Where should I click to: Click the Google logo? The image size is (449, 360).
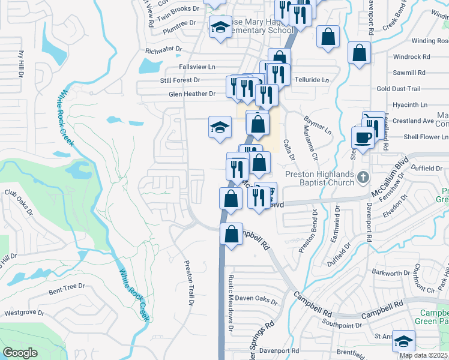coord(20,353)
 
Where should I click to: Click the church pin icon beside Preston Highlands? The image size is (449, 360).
coord(362,178)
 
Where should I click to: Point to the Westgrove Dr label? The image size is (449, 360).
coord(25,313)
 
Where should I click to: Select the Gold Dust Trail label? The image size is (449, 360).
coord(399,89)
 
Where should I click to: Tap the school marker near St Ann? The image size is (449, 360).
coord(403,341)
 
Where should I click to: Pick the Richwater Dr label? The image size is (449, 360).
coord(160,50)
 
